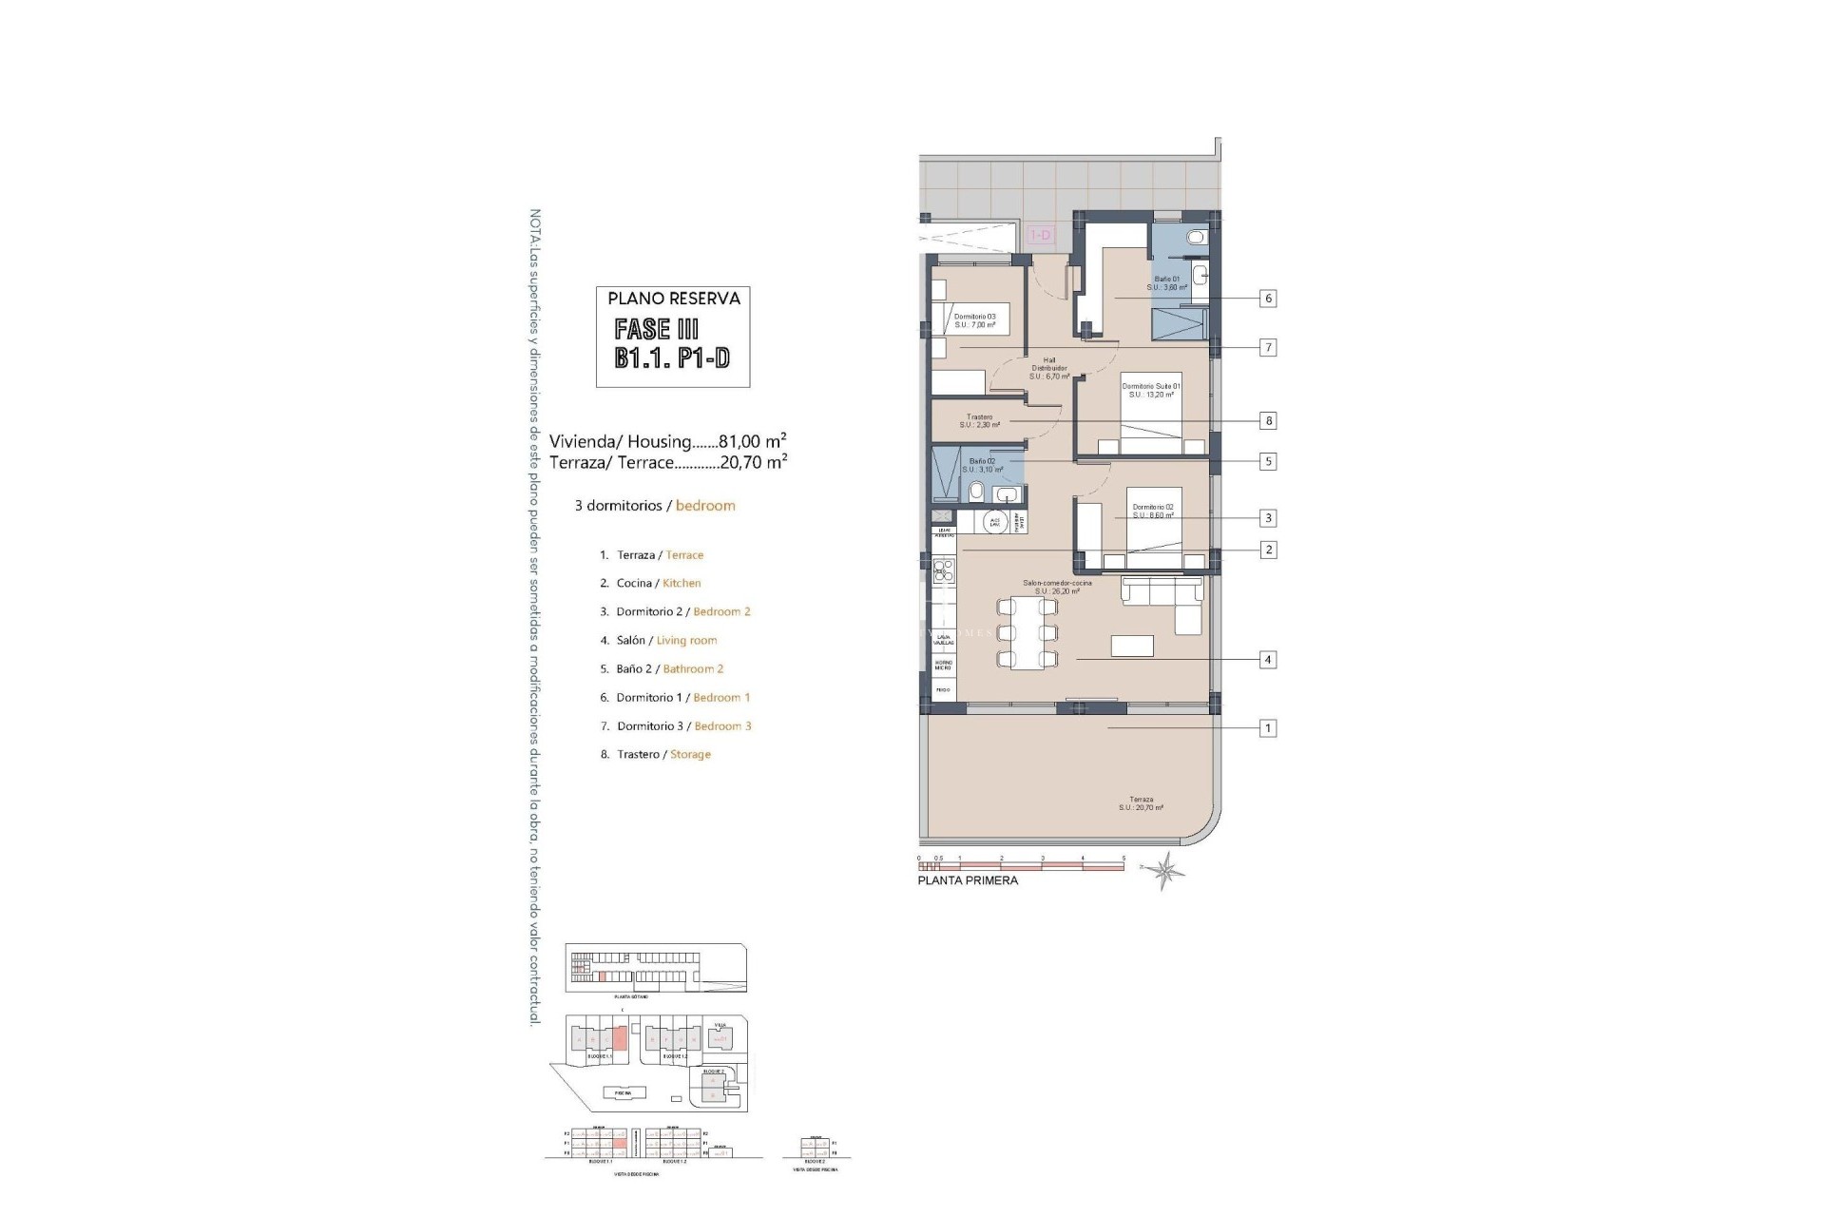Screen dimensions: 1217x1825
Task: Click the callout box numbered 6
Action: tap(1267, 299)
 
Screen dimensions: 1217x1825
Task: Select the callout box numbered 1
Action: tap(1267, 728)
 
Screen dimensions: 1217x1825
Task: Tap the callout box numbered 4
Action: tap(1267, 660)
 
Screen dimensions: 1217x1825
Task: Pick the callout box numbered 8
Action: tap(1267, 420)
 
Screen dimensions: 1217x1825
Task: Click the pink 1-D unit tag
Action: tap(1041, 235)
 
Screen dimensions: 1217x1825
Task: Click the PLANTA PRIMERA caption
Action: tap(968, 880)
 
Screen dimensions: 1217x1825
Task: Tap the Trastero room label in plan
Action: tap(979, 421)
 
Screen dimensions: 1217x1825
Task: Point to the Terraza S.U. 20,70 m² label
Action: tap(1141, 803)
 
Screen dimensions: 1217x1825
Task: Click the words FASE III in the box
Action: tap(657, 330)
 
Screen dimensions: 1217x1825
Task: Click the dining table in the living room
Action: tap(1027, 633)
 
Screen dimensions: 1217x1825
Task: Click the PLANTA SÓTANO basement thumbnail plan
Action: tap(656, 969)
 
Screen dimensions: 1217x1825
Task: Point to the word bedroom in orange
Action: tap(705, 506)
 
